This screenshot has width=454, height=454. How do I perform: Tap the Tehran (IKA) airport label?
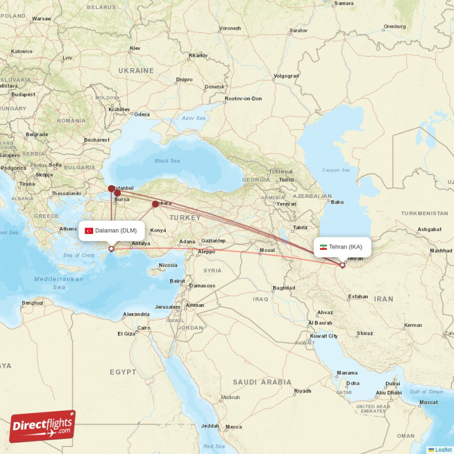[x=345, y=247]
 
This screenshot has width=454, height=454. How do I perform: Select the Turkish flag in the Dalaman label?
[x=89, y=230]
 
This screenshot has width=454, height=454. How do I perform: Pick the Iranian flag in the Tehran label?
[x=323, y=247]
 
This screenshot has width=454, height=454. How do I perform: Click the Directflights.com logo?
[x=43, y=426]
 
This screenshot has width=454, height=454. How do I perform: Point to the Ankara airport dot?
[x=155, y=204]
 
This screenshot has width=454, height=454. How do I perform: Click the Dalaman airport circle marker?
[x=111, y=249]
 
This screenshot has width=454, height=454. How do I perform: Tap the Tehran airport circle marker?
[x=342, y=265]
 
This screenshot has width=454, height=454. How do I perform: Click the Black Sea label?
[x=167, y=161]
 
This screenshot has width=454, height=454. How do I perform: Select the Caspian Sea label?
[x=334, y=170]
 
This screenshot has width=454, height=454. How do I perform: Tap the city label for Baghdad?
[x=283, y=288]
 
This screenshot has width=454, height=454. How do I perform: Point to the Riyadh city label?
[x=302, y=391]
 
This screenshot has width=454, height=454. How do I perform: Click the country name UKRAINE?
[x=136, y=70]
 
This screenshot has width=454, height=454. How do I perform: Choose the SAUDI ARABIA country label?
[x=262, y=382]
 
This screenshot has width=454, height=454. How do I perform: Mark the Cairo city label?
[x=143, y=328]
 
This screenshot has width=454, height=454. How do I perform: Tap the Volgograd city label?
[x=286, y=75]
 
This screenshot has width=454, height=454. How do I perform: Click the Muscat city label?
[x=428, y=402]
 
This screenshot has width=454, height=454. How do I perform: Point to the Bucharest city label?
[x=96, y=140]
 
